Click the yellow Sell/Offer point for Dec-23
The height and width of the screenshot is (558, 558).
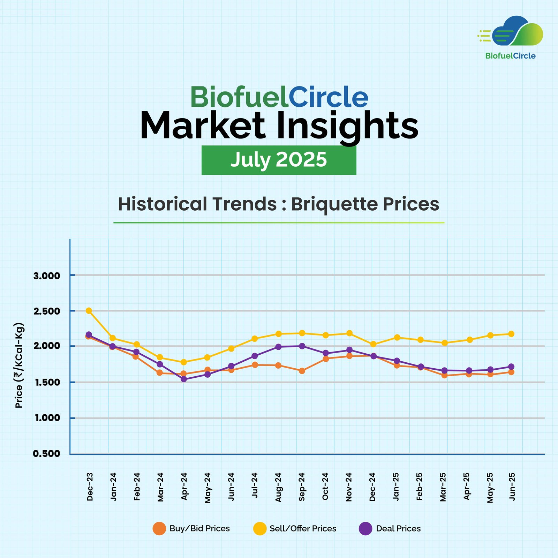coord(89,310)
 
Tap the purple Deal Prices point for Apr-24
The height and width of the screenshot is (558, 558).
coord(184,379)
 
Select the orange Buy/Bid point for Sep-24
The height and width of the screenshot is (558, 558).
coord(302,371)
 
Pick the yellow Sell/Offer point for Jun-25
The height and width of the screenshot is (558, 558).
coord(511,334)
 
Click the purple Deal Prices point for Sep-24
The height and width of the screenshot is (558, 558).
coord(302,346)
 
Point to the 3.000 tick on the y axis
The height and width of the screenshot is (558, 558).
coord(47,276)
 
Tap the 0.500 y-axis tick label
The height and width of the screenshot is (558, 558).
coord(47,454)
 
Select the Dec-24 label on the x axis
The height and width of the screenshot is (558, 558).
coord(372,487)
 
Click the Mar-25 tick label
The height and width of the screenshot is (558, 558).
coord(443,487)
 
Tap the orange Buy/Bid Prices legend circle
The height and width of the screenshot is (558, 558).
coord(159,528)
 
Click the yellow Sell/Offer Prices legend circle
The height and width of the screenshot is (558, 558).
coord(260,528)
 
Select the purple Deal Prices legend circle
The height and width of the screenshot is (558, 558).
coord(365,528)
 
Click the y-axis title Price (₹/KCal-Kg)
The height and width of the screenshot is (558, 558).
coord(19,365)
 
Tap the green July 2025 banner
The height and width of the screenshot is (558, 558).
coord(279,160)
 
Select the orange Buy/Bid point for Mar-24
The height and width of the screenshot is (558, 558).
coord(160,372)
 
